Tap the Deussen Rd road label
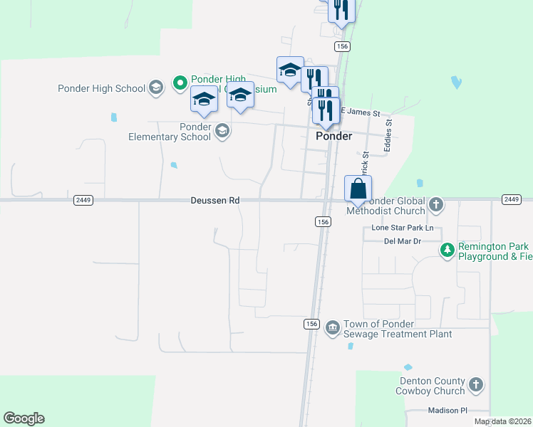point(215,201)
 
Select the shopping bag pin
point(358,189)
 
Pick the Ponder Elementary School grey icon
point(222,131)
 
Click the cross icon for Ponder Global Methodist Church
point(437,206)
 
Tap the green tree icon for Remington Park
point(447,250)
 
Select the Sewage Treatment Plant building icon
point(332,328)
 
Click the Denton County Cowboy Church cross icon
point(476,386)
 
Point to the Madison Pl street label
point(447,411)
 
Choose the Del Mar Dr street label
point(403,241)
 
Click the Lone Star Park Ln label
point(403,228)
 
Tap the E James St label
point(360,112)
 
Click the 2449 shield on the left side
point(83,200)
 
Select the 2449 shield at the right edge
point(512,199)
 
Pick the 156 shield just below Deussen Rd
point(322,222)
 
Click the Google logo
point(24,418)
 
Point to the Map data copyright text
point(502,421)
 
